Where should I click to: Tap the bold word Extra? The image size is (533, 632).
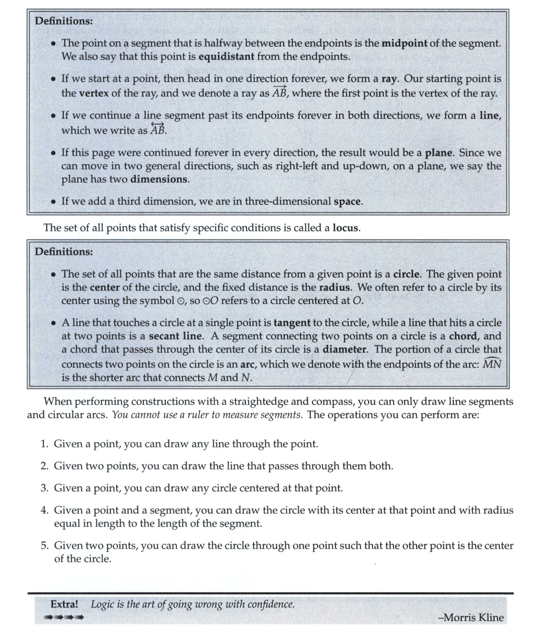point(64,604)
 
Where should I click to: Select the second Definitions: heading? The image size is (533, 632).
point(64,252)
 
